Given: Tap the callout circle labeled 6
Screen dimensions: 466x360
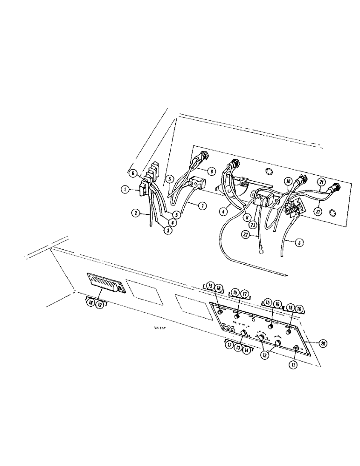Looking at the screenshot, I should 133,173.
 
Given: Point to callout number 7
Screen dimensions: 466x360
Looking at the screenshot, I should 201,205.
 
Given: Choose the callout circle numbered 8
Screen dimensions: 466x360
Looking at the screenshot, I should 212,171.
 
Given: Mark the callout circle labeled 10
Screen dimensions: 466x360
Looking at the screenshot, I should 289,181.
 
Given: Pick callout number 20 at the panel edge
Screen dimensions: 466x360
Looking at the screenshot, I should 323,343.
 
